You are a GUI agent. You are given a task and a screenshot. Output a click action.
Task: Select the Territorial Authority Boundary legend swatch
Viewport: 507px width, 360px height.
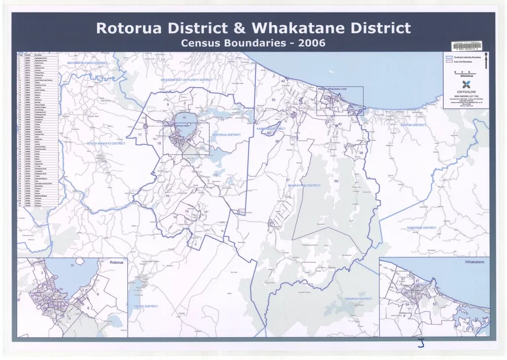(x=449, y=58)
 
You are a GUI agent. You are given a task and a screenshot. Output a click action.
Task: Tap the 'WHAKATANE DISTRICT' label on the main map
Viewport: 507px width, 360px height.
(x=304, y=186)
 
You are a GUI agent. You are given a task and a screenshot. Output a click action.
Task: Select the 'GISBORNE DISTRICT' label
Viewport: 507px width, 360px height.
(x=421, y=228)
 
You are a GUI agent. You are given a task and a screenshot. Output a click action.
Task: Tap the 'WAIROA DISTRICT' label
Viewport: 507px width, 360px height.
(x=359, y=299)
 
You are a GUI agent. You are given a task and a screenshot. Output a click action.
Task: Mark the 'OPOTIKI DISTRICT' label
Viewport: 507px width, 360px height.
(x=414, y=125)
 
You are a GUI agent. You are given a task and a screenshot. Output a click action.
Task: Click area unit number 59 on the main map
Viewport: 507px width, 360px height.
(x=336, y=181)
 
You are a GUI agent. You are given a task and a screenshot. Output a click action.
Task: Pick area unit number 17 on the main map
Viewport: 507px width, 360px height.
(x=139, y=135)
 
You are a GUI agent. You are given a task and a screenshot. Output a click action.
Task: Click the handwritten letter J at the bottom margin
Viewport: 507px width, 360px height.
(x=420, y=344)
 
